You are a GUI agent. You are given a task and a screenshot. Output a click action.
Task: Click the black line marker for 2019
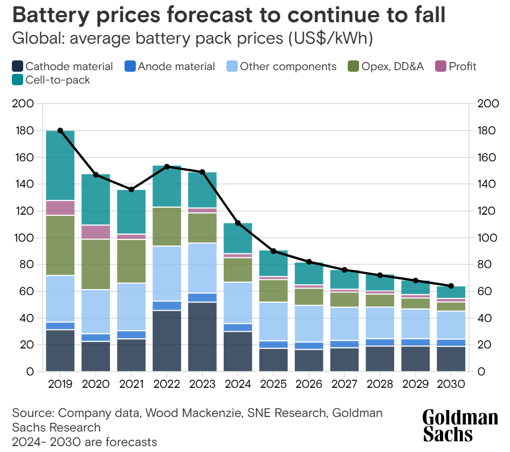pos(60,131)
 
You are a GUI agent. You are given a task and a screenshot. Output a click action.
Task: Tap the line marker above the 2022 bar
pos(167,167)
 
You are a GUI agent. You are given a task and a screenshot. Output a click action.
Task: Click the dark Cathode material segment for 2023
pos(202,337)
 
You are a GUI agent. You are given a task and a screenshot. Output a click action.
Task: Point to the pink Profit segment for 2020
pos(95,232)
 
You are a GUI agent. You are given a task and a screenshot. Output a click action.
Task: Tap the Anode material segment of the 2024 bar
pos(238,327)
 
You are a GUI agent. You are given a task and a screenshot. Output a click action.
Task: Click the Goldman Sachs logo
pos(460,425)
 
